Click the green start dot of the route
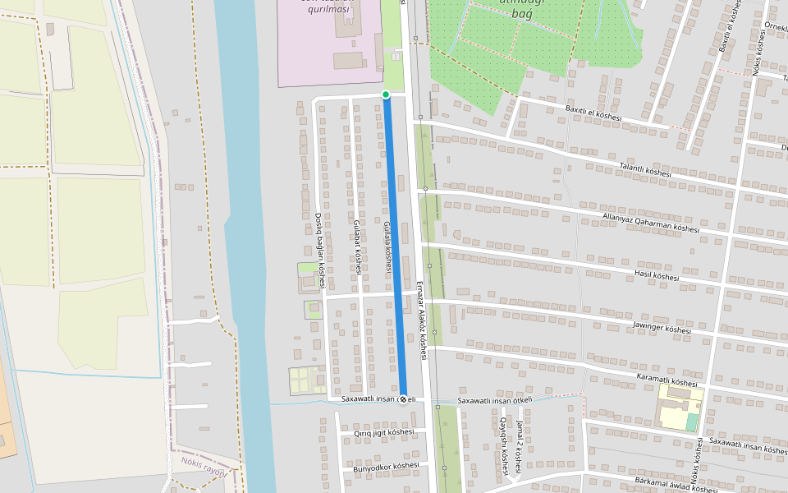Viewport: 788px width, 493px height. point(386,94)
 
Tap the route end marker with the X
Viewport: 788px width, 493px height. point(403,399)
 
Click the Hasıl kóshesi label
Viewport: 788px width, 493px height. point(657,275)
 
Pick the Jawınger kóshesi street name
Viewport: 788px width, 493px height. point(662,328)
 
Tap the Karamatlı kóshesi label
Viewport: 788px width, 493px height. point(667,380)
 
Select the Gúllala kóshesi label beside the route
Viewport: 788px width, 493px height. point(387,246)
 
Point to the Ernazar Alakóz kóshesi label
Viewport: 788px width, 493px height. point(422,320)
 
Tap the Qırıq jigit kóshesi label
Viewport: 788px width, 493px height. point(383,432)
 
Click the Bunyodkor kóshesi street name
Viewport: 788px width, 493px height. point(385,466)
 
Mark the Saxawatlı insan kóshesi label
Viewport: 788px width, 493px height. point(748,446)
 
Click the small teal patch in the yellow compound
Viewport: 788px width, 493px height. point(692,422)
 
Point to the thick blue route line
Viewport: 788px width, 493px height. point(395,246)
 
